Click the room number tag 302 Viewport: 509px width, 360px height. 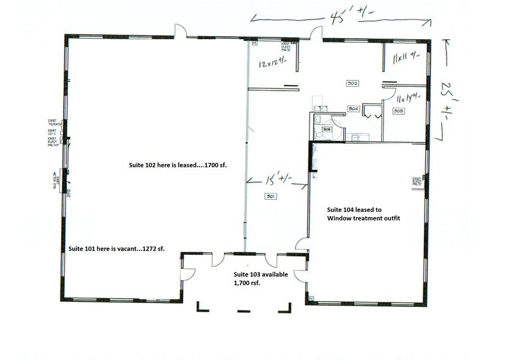point(352,83)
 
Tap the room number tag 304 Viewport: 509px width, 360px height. point(353,108)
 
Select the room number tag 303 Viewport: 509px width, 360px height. point(398,111)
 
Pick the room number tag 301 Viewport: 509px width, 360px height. point(270,196)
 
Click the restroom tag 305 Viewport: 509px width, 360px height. point(327,129)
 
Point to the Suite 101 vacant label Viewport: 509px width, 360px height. point(116,248)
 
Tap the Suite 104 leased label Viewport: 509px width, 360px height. point(363,214)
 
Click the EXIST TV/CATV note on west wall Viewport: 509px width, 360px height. point(54,124)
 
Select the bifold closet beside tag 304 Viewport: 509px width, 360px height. point(370,110)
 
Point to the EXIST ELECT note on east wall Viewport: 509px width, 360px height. point(418,181)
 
